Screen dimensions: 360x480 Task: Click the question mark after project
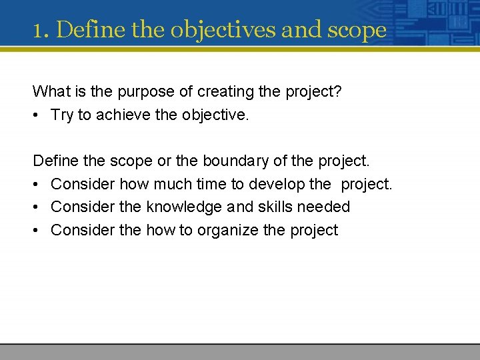tap(338, 91)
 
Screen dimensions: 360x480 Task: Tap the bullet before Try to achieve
tap(38, 115)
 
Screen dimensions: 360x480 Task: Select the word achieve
tap(122, 115)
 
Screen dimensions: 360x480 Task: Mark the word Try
tap(62, 115)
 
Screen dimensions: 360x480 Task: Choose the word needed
tap(323, 207)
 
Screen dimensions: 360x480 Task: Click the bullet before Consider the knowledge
tap(38, 207)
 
